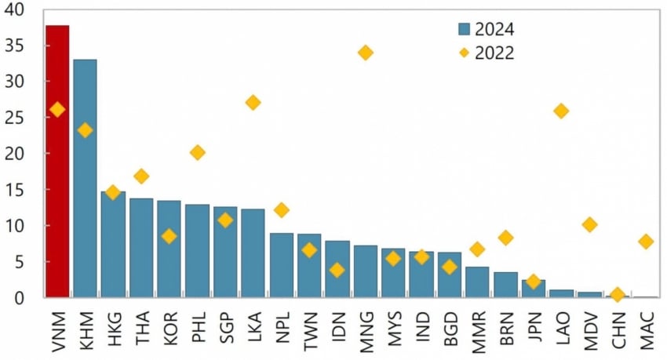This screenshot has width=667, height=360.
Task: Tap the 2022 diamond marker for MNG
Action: coord(365,53)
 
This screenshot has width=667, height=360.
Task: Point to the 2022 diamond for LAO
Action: coord(561,111)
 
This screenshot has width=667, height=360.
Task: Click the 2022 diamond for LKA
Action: coord(253,103)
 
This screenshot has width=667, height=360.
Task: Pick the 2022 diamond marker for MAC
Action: coord(645,242)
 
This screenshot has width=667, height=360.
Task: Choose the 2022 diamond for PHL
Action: coord(197,152)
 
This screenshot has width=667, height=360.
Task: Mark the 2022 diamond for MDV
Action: coord(589,225)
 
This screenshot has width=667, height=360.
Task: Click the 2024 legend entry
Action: coord(487,30)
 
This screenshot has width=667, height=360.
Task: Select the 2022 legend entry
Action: coord(487,53)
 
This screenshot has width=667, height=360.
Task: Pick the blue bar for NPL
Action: coord(281,266)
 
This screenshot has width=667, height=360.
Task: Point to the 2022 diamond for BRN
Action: coord(505,238)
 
